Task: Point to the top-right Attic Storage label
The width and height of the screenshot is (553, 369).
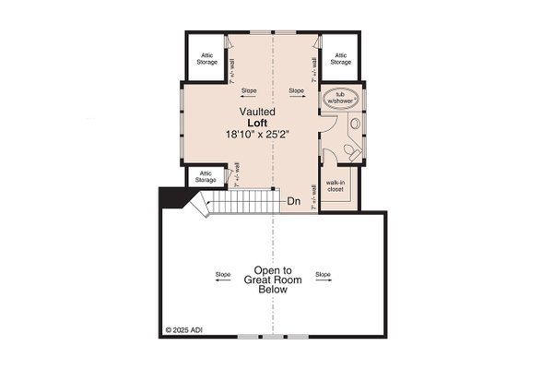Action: (340, 58)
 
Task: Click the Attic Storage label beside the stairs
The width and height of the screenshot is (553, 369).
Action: (206, 177)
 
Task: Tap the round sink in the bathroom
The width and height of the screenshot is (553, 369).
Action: (332, 125)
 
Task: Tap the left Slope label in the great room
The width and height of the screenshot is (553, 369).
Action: (223, 274)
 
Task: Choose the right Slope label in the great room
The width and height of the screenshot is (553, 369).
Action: (323, 274)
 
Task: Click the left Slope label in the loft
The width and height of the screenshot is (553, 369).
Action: (249, 90)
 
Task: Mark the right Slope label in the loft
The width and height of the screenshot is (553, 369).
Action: (297, 90)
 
